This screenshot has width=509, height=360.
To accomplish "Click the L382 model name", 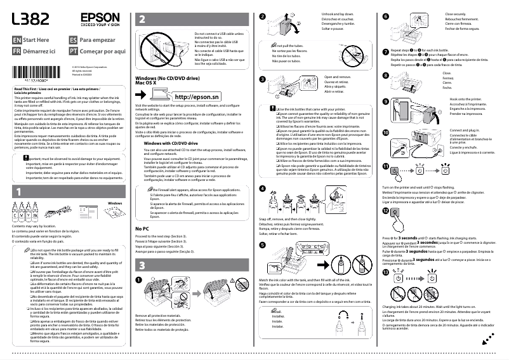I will [30, 20].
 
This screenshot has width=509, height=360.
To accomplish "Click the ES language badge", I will [73, 39].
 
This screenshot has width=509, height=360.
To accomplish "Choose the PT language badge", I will [73, 50].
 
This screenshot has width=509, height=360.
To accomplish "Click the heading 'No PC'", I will [142, 228].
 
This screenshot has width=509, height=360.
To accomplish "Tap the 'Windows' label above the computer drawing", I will [114, 203].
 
